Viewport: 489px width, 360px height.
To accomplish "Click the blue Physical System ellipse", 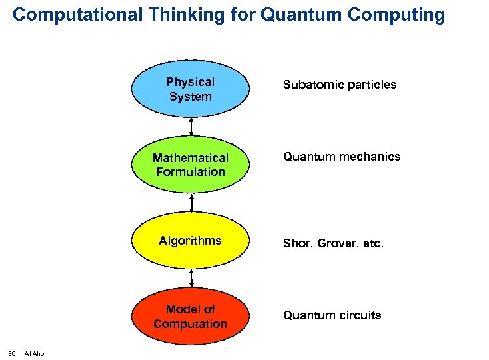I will pos(191,89).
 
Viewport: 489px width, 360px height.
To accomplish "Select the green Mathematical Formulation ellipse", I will pos(191,165).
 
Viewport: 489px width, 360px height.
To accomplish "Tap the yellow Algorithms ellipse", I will pos(191,241).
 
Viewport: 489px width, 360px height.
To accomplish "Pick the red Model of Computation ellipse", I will pos(191,316).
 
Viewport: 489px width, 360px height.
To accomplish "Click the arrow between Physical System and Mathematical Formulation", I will pos(191,127).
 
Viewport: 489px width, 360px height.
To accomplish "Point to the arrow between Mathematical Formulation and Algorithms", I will pos(191,203).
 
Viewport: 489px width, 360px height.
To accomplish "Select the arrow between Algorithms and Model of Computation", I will pos(191,278).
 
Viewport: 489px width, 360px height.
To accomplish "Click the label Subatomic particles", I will pos(339,85).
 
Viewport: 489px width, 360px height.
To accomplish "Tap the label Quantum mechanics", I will pos(342,157).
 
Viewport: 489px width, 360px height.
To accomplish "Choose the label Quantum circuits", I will pos(332,315).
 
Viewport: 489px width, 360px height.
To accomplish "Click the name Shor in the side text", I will pos(296,244).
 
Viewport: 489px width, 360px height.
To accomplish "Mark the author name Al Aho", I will pos(34,353).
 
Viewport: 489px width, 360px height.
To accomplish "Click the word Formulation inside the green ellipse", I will pos(191,172).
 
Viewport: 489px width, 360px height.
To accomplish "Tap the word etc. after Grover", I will pos(373,244).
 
